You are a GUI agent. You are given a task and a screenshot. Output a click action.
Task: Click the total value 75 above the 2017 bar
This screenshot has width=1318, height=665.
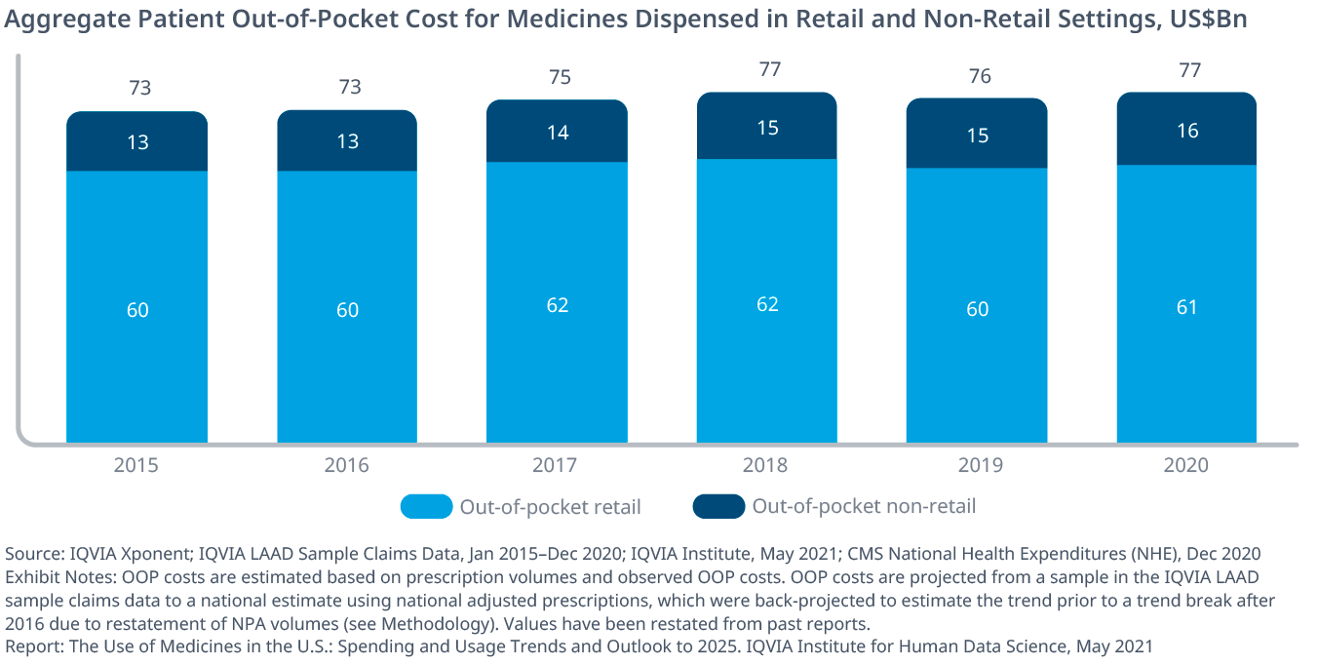(x=558, y=78)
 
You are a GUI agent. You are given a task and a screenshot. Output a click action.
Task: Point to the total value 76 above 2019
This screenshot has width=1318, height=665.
(x=978, y=76)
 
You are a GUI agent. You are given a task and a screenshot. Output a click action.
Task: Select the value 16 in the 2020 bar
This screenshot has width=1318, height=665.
(x=1186, y=131)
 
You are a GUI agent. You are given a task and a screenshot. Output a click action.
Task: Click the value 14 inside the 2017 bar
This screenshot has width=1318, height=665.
(x=558, y=134)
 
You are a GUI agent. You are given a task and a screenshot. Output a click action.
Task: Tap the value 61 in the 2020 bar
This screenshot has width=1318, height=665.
(x=1186, y=307)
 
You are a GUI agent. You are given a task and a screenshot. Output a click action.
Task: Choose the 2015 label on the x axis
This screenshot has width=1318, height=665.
(x=136, y=465)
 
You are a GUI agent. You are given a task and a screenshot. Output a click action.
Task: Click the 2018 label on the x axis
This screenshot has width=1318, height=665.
(x=767, y=465)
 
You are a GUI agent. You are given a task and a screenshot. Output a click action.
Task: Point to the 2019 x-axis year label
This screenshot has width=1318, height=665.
(x=978, y=465)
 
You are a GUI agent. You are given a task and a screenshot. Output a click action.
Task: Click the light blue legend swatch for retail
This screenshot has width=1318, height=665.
(x=426, y=507)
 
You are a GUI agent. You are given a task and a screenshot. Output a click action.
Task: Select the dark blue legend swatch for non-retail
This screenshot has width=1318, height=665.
(x=718, y=507)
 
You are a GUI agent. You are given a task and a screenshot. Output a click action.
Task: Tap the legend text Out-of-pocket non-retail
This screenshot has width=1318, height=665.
(x=864, y=506)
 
